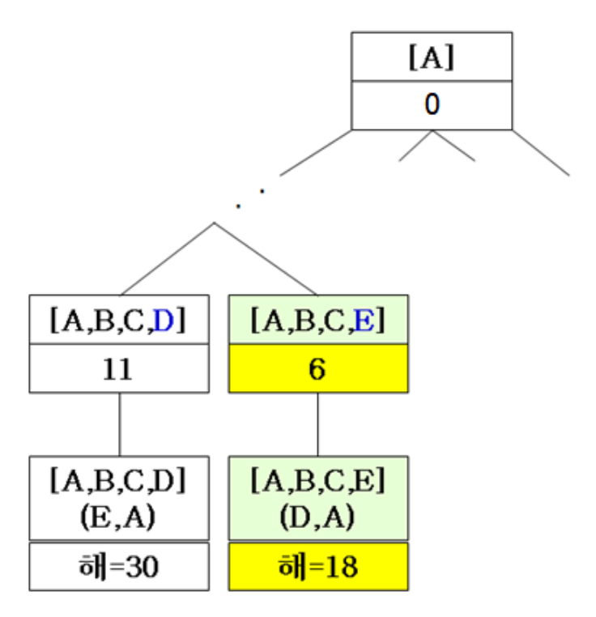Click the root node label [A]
click(x=431, y=57)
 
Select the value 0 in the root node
click(x=431, y=105)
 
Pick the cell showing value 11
click(x=119, y=370)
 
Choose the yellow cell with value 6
click(x=317, y=370)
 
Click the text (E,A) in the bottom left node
click(x=119, y=517)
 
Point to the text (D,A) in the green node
click(x=317, y=517)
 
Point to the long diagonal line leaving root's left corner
click(x=316, y=151)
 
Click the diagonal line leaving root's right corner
click(x=541, y=152)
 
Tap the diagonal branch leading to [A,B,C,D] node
click(x=166, y=258)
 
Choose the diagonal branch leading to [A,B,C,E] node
click(x=266, y=258)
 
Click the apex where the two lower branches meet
click(x=213, y=223)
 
